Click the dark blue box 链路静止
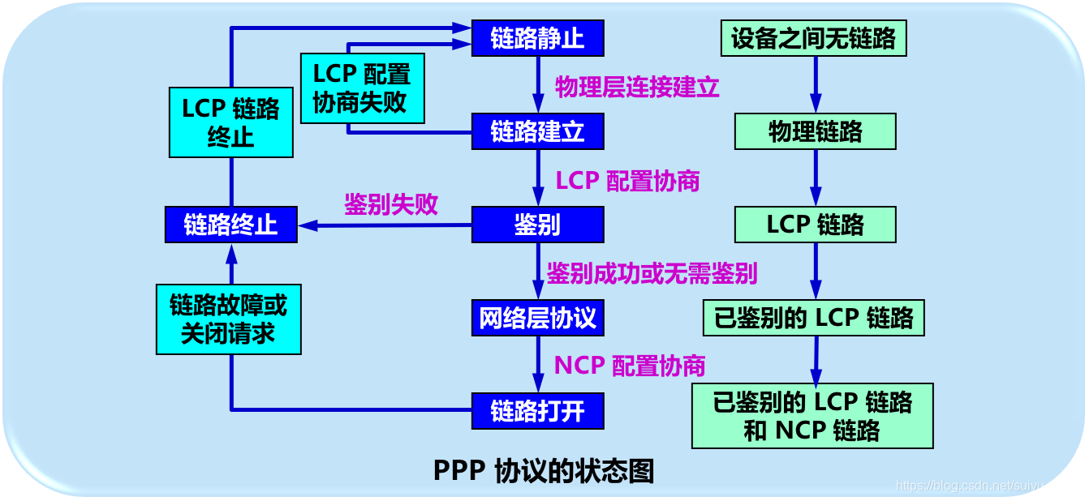(x=537, y=38)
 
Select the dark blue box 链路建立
(x=537, y=131)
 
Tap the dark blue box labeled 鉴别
(x=537, y=225)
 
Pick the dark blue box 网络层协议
(x=537, y=318)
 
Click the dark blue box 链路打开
(x=537, y=411)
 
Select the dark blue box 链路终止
(x=230, y=225)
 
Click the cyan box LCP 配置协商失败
(x=362, y=88)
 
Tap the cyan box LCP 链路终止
(x=230, y=122)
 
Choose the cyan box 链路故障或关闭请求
(x=228, y=319)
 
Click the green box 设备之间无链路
(x=813, y=38)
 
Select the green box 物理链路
(x=815, y=131)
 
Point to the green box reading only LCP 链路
(x=815, y=225)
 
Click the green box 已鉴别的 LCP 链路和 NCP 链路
(x=812, y=416)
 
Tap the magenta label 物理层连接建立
(x=637, y=87)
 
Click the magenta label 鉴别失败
(x=391, y=204)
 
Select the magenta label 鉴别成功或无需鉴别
(x=652, y=273)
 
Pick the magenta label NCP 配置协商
(x=630, y=366)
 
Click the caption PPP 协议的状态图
(x=543, y=471)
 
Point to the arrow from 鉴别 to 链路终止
(x=385, y=225)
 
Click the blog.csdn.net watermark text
(x=986, y=486)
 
